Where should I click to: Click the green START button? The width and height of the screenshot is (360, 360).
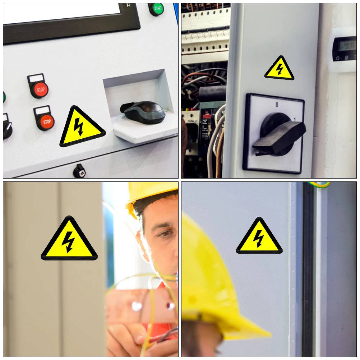tap(156, 9)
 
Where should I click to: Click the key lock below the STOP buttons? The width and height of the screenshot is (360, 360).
tap(79, 172)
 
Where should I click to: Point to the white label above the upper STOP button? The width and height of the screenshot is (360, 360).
tap(36, 78)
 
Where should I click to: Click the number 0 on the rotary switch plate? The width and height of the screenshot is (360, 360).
tap(277, 105)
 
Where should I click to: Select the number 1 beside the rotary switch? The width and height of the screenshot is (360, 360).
tap(295, 120)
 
